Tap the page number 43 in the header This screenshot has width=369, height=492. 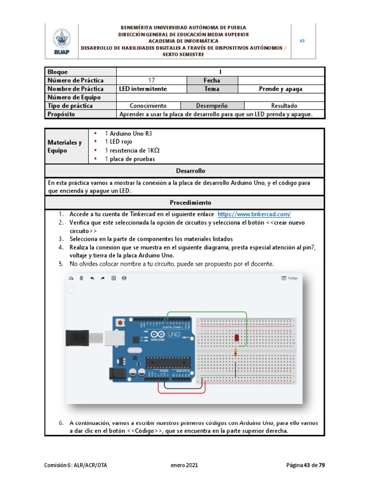point(302,41)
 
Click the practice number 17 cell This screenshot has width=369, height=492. point(152,80)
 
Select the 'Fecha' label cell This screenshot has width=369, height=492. point(211,80)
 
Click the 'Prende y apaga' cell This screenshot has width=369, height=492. point(282,89)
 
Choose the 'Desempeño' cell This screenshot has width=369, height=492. point(212,106)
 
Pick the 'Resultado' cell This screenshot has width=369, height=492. point(284,106)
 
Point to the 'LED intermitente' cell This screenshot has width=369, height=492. point(143,89)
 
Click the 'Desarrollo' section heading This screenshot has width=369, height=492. point(184,171)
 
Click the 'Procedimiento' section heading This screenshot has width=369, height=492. point(184,203)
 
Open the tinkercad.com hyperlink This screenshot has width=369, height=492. point(254,214)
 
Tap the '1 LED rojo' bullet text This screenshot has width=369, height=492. point(118,142)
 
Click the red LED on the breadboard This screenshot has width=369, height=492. point(236,339)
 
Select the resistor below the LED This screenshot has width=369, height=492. point(235,353)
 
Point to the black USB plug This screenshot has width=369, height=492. point(77,338)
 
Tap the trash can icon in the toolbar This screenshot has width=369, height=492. point(82,278)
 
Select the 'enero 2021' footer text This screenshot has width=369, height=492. point(184,465)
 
